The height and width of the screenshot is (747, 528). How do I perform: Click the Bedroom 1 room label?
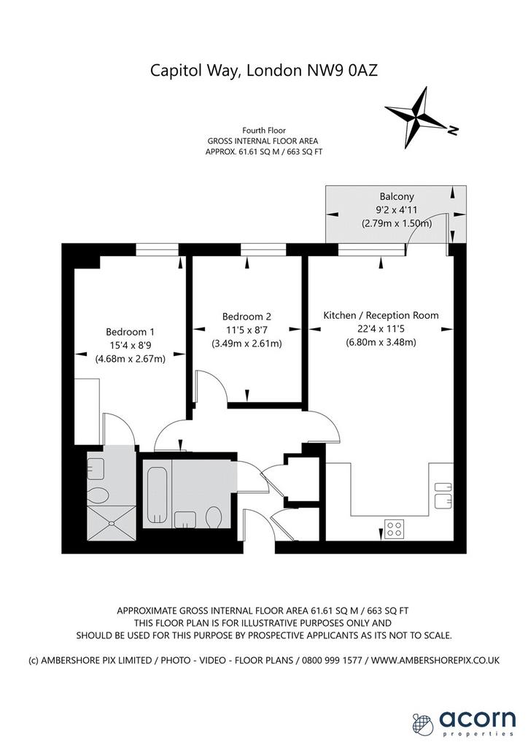coord(130,332)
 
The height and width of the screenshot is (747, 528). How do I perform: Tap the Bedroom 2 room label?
coord(246,317)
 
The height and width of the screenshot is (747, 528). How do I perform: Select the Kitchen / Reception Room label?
coord(381,315)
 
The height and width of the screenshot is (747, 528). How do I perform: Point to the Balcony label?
coord(397,196)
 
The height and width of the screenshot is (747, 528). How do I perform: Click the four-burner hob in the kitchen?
coord(395,528)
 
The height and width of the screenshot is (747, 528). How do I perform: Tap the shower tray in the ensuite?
coord(112,523)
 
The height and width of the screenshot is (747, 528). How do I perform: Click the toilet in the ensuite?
coord(98,495)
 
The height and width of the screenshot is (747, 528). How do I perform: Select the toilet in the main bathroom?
coord(214,517)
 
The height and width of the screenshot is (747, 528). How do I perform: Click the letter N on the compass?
coord(453,130)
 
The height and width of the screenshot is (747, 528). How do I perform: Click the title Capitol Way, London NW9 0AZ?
coord(264,71)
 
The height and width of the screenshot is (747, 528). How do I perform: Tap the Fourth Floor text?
coord(264,130)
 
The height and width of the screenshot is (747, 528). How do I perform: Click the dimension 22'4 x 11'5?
coord(381,329)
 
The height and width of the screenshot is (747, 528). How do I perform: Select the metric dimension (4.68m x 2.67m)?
coord(130,359)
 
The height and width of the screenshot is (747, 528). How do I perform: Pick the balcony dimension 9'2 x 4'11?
coord(397,209)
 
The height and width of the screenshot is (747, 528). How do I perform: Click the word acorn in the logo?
coord(477,719)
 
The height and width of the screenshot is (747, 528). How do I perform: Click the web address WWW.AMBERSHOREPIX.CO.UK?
coord(435,660)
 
